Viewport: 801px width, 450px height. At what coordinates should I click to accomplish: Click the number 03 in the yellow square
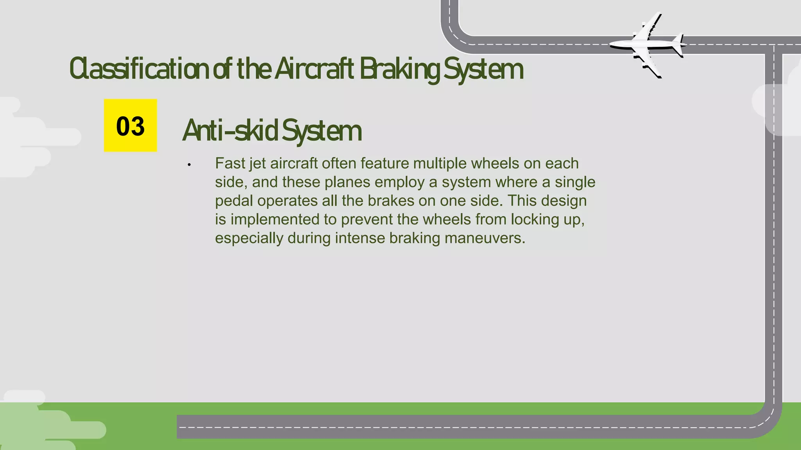(x=130, y=126)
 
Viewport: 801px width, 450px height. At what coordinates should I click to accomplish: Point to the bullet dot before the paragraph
(x=189, y=165)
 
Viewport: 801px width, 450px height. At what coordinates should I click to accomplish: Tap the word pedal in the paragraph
(x=234, y=201)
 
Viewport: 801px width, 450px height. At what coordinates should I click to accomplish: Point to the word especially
(x=249, y=238)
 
